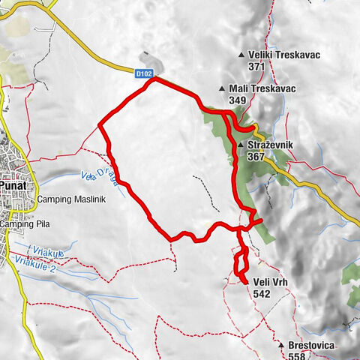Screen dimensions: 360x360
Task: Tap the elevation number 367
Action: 256,157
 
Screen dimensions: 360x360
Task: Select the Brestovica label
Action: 313,346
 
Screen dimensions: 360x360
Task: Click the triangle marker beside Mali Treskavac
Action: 223,88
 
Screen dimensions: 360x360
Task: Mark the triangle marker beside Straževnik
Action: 240,145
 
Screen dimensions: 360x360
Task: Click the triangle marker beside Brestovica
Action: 281,346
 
